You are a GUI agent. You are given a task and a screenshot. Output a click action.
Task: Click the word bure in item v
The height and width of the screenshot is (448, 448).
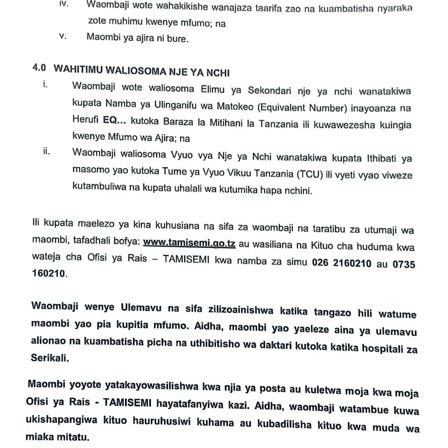click(177, 39)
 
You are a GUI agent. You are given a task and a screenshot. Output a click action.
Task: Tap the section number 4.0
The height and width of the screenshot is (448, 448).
click(39, 68)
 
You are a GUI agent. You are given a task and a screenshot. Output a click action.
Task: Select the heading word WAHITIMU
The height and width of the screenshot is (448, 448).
click(78, 70)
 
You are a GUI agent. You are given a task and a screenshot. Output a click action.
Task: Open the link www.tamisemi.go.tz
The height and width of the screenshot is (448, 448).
click(189, 243)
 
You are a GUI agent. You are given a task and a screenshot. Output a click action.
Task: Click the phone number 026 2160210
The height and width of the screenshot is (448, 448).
click(342, 263)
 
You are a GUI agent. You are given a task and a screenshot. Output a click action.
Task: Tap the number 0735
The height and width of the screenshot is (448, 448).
click(404, 264)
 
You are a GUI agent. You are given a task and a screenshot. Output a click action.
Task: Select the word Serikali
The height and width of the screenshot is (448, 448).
click(50, 358)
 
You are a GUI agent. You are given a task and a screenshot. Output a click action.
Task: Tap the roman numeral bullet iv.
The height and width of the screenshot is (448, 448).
click(63, 5)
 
